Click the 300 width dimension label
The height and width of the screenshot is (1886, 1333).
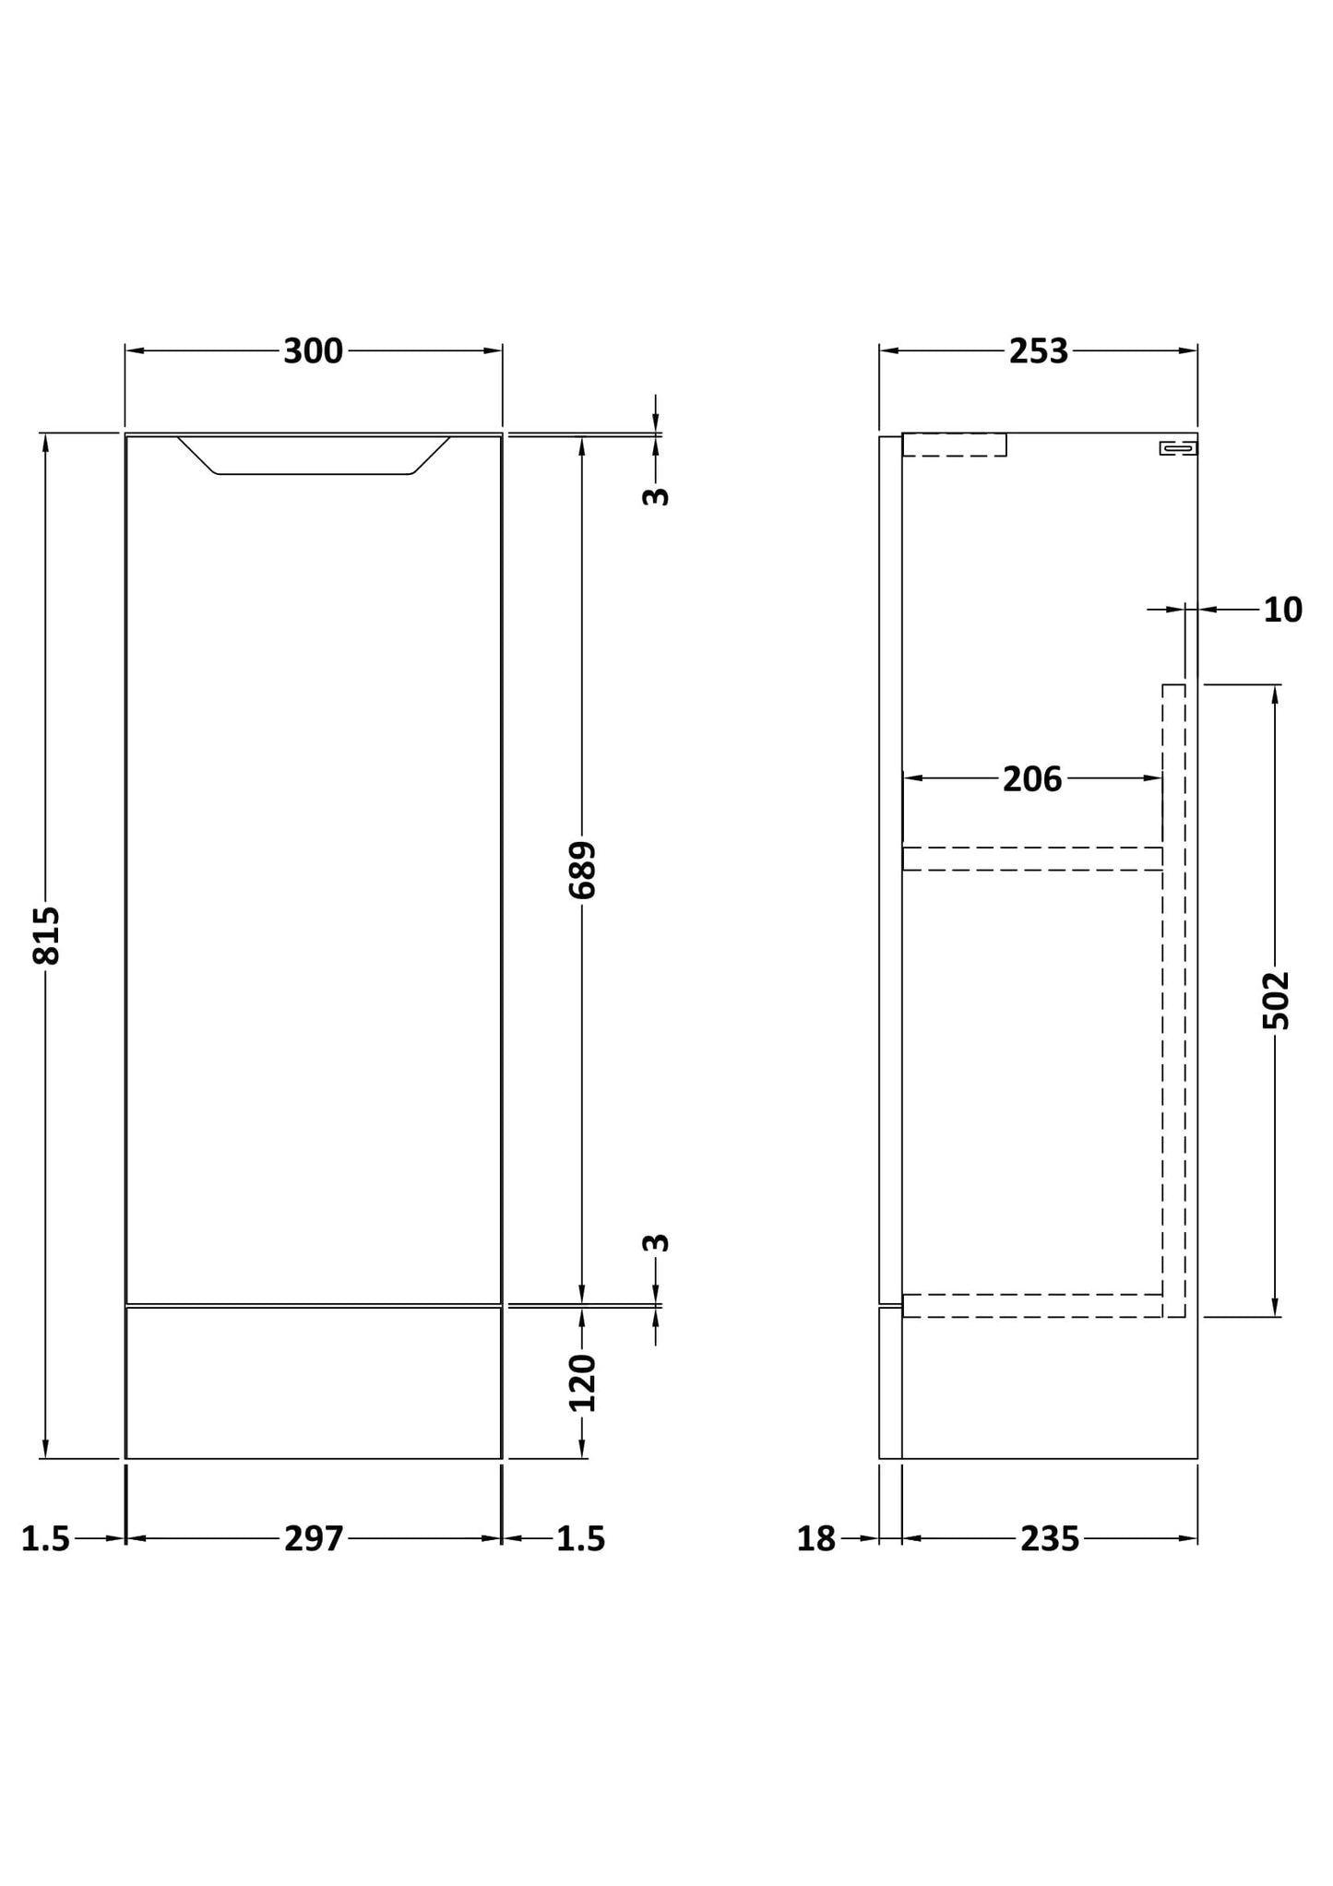point(313,351)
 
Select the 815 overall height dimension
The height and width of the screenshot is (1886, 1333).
point(46,936)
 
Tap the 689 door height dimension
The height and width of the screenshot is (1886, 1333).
point(582,870)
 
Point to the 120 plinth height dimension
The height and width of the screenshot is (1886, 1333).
point(582,1383)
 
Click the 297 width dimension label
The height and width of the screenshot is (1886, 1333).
point(314,1538)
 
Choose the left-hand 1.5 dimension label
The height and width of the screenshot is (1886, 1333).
point(45,1538)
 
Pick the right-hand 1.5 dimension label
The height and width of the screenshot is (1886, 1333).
point(580,1538)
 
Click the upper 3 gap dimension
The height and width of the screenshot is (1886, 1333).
point(655,496)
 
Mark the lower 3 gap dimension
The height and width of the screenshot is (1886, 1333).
point(655,1243)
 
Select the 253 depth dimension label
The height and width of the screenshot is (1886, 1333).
point(1039,351)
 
